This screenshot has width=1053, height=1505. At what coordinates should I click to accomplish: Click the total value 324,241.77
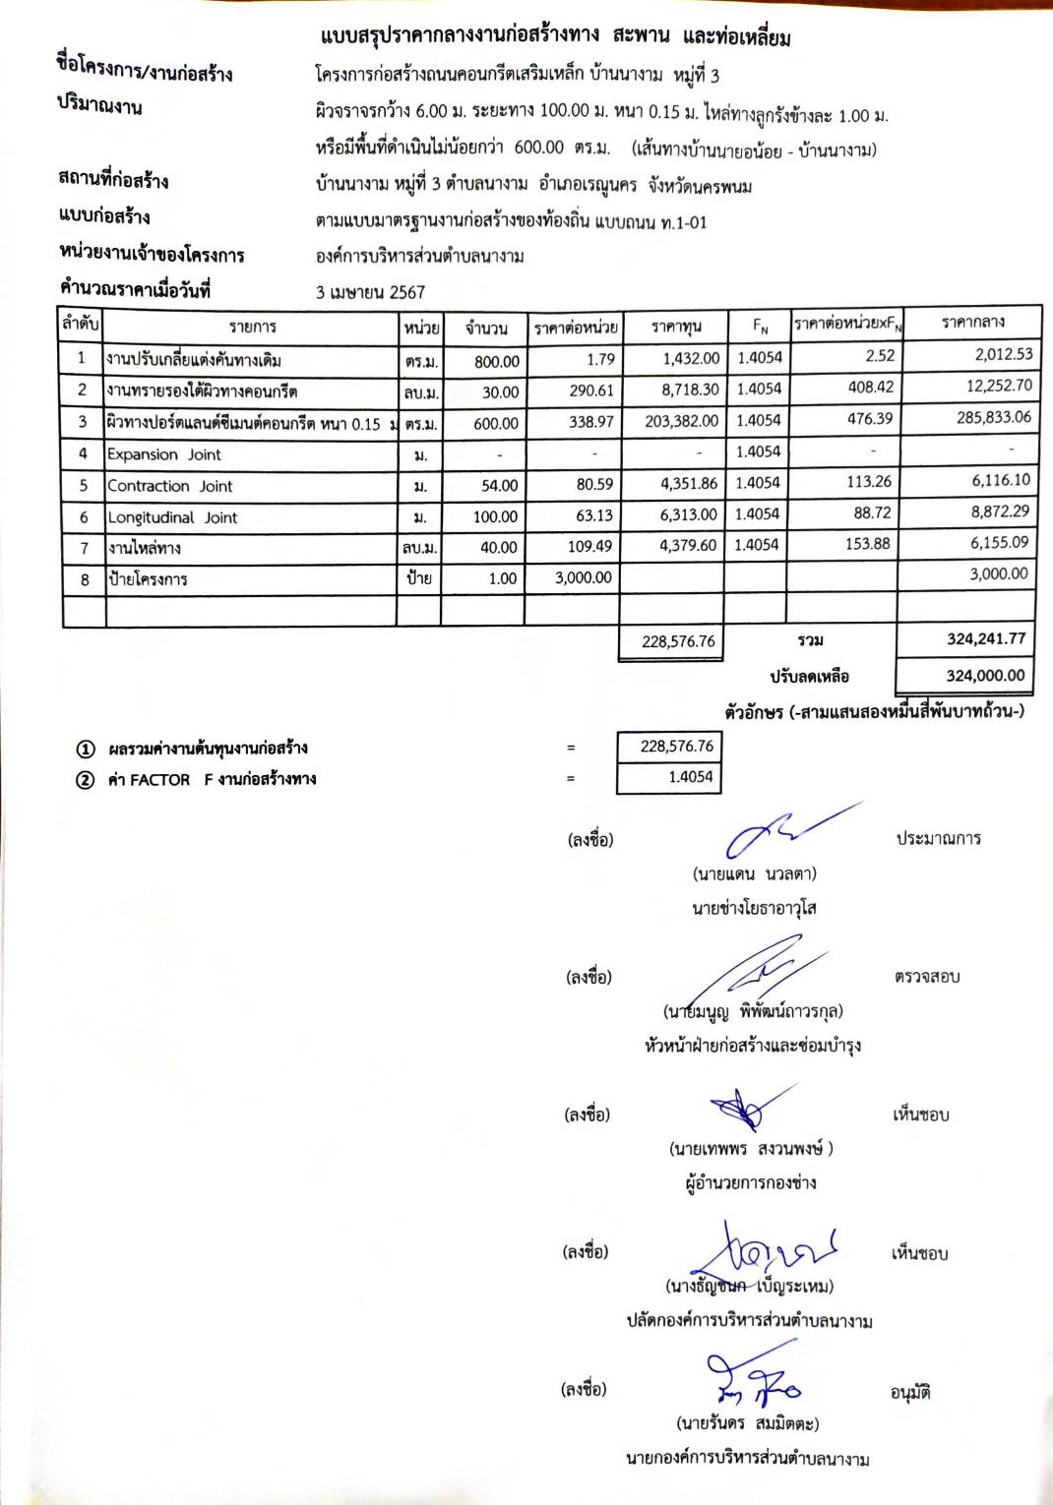pos(985,639)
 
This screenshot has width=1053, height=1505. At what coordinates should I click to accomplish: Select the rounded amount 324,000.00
pos(985,676)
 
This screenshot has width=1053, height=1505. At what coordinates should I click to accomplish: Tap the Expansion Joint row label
pos(163,454)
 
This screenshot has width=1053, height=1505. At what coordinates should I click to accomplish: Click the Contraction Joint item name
pos(169,486)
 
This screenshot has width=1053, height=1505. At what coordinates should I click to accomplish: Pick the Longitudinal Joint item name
pos(172,517)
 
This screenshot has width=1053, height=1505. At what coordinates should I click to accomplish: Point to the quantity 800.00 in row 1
pos(496,361)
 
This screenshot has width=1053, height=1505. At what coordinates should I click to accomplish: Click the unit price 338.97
pos(590,422)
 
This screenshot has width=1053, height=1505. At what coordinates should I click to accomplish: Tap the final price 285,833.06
pos(994,417)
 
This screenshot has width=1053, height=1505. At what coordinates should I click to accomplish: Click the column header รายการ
pos(252,327)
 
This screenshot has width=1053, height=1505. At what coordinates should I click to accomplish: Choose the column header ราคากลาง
pos(972,322)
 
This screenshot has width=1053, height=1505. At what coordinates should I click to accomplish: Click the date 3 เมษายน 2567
pos(370,292)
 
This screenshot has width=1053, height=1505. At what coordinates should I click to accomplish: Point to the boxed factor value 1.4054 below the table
pos(690,777)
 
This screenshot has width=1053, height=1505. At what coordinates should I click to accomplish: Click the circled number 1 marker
pos(86,750)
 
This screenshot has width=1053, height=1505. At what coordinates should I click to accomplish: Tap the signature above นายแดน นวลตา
pos(782,831)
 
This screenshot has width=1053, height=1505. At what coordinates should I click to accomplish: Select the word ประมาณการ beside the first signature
pos(938,839)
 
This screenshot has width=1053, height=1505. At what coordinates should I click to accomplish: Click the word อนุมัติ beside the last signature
pos(910,1393)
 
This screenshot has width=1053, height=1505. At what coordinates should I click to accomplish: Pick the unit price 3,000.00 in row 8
pos(583,578)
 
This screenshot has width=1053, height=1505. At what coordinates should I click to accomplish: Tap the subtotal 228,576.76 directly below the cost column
pos(678,641)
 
